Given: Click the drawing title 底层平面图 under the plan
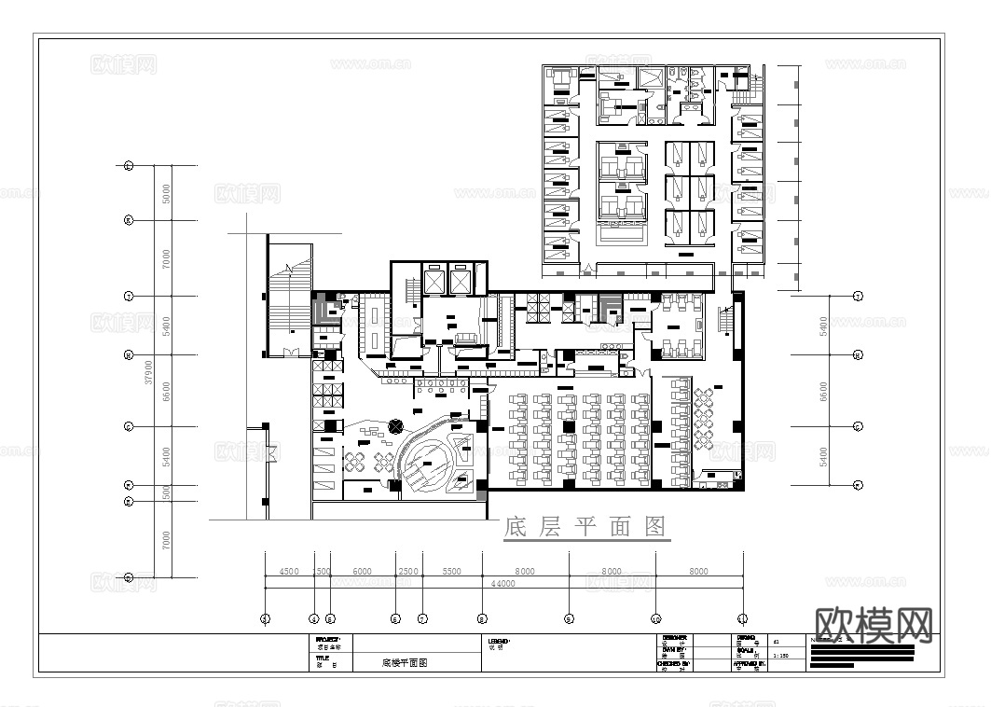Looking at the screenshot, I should pos(586,528).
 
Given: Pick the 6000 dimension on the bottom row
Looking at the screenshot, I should pos(362,572).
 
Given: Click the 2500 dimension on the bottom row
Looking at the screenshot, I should pos(408,572).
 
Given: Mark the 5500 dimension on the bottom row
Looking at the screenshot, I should pos(451,572).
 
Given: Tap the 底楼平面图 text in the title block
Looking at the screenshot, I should pos(404,664).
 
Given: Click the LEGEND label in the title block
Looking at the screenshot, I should pos(499,642).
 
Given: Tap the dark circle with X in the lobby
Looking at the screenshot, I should pos(397,425).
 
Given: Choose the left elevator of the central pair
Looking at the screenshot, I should pos(434,279).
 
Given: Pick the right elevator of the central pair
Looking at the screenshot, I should pos(461,279).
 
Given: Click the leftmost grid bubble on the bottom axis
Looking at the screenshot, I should pos(265,617).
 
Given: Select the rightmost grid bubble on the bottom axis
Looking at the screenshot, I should pos(742,617).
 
